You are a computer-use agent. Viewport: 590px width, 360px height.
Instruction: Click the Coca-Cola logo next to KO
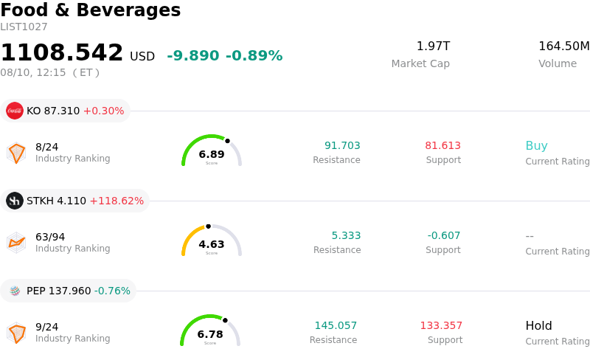[x=15, y=111]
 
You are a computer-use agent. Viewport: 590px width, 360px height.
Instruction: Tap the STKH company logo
[x=15, y=201]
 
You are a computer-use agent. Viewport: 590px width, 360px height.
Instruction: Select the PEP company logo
[x=15, y=291]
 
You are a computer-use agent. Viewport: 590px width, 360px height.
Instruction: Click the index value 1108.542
[x=62, y=52]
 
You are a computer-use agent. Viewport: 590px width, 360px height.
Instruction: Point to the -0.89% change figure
[x=254, y=55]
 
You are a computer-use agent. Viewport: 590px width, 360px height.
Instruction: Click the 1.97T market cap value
[x=433, y=46]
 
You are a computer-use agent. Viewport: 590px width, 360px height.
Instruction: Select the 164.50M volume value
[x=564, y=46]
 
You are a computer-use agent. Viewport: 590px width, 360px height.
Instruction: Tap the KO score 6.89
[x=212, y=154]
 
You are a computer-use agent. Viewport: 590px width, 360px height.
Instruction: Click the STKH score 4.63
[x=212, y=244]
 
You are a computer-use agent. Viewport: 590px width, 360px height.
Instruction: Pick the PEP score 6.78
[x=210, y=334]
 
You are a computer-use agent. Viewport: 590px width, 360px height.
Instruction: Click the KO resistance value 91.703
[x=342, y=145]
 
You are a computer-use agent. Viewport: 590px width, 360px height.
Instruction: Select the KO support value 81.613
[x=443, y=145]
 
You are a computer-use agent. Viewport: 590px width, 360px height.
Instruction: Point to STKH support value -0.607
[x=444, y=235]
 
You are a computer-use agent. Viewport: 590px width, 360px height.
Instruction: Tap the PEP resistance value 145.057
[x=336, y=325]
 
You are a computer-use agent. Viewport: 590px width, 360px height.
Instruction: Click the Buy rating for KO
[x=537, y=146]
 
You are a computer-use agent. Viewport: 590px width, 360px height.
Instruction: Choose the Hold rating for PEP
[x=539, y=325]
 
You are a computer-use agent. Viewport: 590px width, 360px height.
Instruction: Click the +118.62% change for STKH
[x=117, y=201]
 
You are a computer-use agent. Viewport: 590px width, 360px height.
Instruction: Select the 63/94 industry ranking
[x=50, y=237]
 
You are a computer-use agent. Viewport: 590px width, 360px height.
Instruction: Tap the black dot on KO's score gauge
[x=227, y=141]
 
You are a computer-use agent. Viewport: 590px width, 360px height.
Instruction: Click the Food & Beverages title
[x=91, y=10]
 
